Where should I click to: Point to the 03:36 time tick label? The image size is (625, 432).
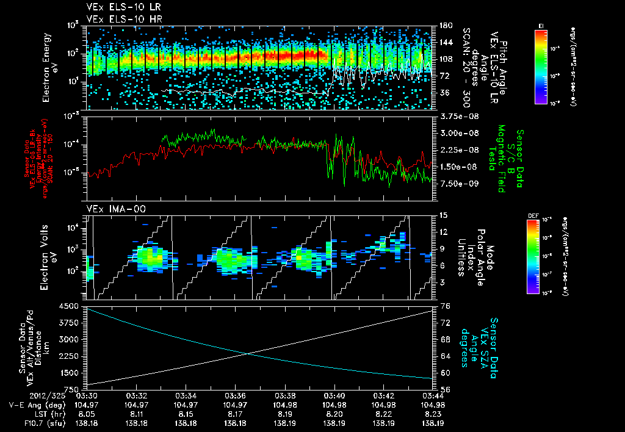[x=236, y=395]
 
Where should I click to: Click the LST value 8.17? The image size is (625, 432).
[x=236, y=414]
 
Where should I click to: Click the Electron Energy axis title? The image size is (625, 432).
[x=50, y=67]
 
